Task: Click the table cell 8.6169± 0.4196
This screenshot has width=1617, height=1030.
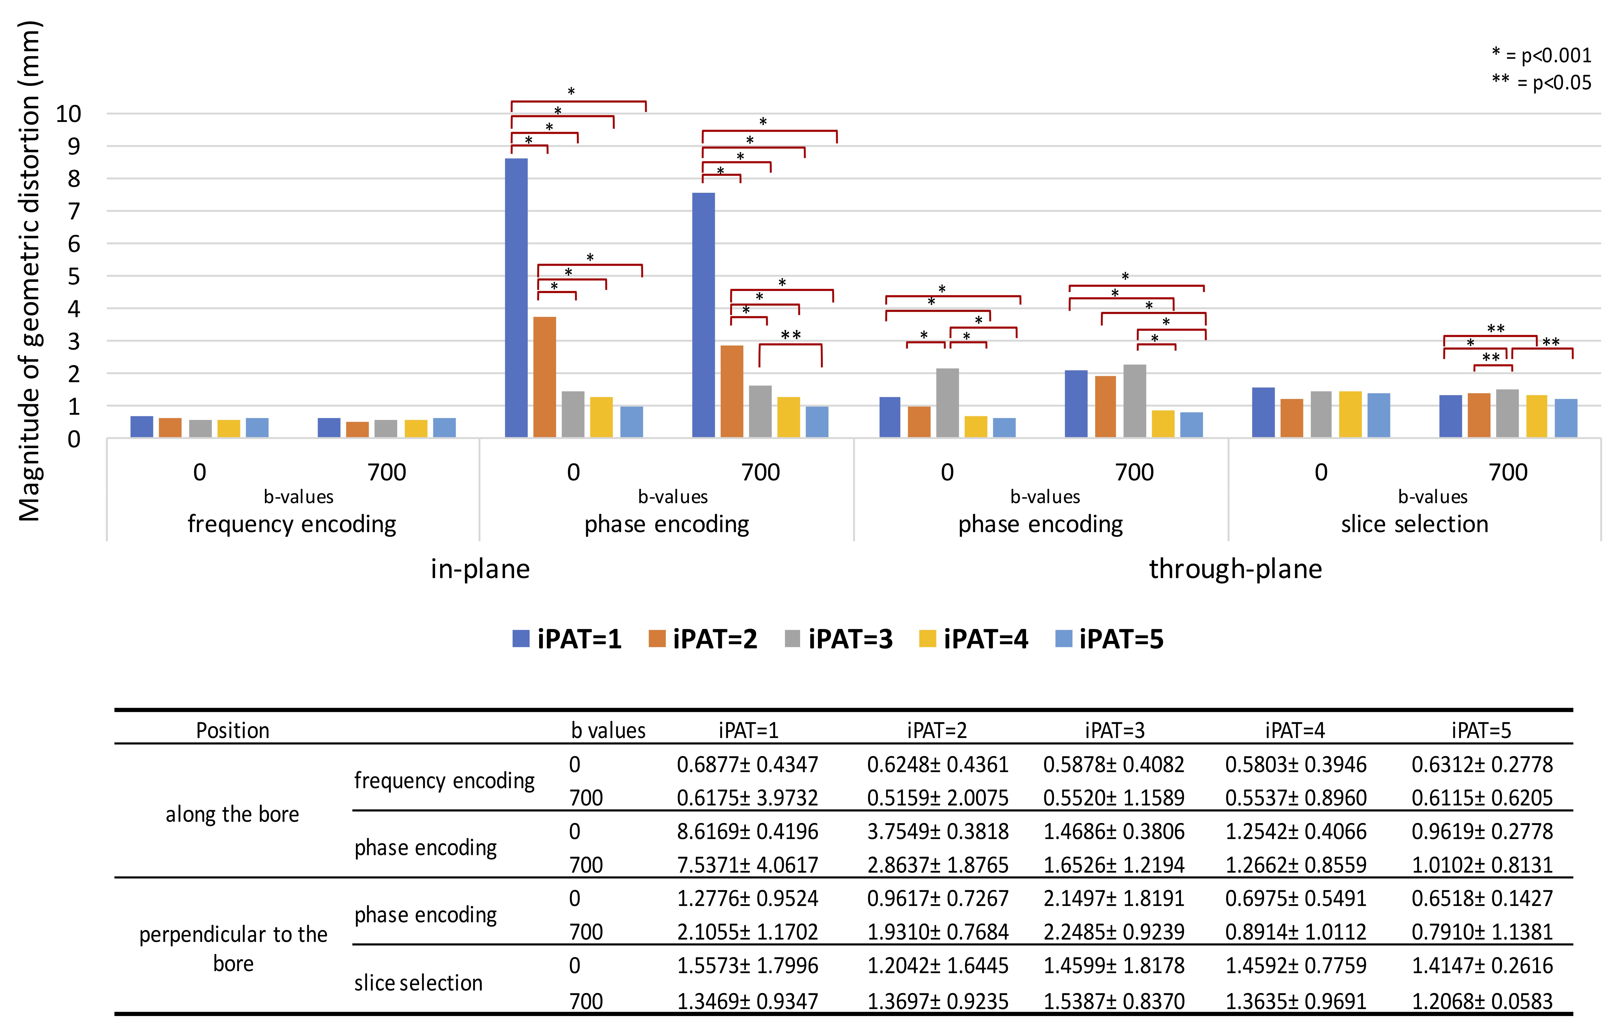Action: [x=747, y=832]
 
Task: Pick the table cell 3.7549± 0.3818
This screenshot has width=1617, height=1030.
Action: [x=937, y=832]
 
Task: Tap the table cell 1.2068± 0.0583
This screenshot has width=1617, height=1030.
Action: [x=1482, y=1001]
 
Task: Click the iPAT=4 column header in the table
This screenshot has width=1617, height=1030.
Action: [x=1295, y=730]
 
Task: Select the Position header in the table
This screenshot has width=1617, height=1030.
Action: [x=232, y=730]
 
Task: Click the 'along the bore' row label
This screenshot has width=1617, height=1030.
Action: [x=232, y=814]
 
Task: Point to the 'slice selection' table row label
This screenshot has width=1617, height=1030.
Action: [x=418, y=983]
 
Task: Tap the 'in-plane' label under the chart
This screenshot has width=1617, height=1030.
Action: [x=480, y=569]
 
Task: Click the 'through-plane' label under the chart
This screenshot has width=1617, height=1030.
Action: [x=1236, y=569]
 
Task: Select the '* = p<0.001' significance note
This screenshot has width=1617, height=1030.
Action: [x=1541, y=55]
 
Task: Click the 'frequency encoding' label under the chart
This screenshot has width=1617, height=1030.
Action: [x=292, y=524]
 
